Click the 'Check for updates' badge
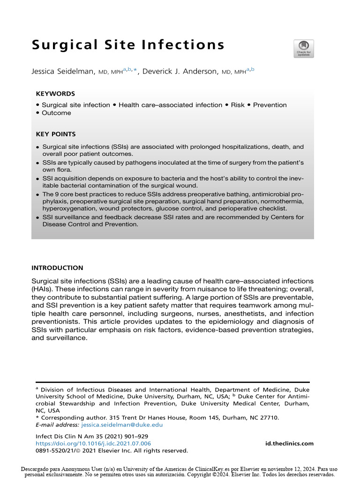pyautogui.click(x=303, y=49)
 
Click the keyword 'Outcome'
pyautogui.click(x=56, y=113)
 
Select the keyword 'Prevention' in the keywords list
pyautogui.click(x=270, y=105)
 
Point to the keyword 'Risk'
pyautogui.click(x=238, y=105)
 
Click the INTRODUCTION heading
pyautogui.click(x=57, y=268)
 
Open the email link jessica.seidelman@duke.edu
pyautogui.click(x=122, y=425)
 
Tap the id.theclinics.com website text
pyautogui.click(x=289, y=443)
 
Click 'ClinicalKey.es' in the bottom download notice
pyautogui.click(x=204, y=468)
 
